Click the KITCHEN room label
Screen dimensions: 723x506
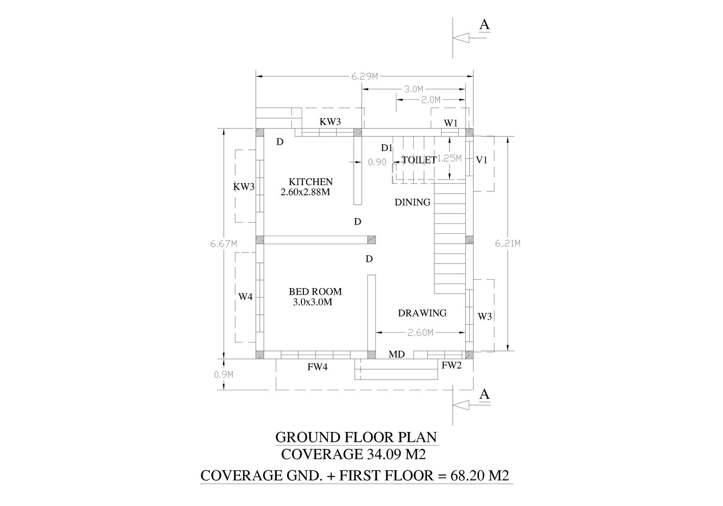(311, 182)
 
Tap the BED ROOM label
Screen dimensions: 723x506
(315, 291)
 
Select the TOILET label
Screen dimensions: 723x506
(419, 160)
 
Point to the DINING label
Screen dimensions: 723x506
(412, 202)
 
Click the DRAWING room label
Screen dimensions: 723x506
(422, 313)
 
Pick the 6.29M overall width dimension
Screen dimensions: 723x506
(365, 76)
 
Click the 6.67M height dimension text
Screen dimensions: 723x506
(223, 244)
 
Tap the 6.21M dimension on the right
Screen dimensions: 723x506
(508, 243)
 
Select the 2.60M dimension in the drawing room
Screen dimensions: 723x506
(420, 333)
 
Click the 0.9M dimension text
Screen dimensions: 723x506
(224, 374)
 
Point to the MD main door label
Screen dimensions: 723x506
(396, 355)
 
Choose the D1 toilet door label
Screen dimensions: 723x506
(387, 148)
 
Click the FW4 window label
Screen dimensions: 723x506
(317, 367)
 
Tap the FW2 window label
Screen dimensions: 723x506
(451, 365)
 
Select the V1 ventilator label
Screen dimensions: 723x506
(482, 160)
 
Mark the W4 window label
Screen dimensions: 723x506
(245, 296)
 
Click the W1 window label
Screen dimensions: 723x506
(450, 123)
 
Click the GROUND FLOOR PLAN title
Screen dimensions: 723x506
(356, 437)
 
